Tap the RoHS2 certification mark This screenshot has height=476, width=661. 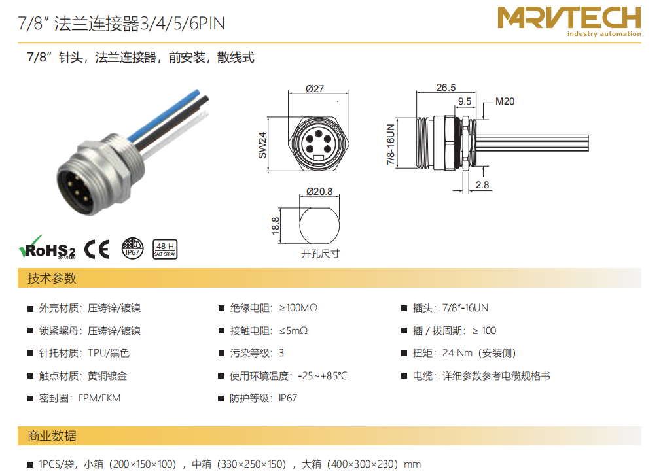click(47, 248)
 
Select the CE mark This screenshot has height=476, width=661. click(98, 249)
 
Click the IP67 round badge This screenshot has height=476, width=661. click(132, 248)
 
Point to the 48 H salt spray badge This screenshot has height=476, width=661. click(165, 249)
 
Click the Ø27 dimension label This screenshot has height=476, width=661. click(315, 88)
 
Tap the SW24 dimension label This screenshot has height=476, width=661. click(262, 145)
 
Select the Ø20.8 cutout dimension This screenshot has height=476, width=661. click(319, 192)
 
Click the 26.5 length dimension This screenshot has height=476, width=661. click(446, 88)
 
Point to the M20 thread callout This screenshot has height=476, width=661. click(505, 101)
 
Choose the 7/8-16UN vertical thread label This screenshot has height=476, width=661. click(391, 144)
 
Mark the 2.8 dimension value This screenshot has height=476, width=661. click(482, 185)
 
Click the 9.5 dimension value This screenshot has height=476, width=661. click(465, 101)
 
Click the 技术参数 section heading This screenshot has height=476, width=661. click(52, 278)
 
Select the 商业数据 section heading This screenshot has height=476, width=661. click(52, 435)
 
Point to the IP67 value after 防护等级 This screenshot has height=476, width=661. click(288, 398)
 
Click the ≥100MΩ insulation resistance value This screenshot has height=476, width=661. click(298, 308)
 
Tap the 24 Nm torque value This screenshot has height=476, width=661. click(457, 353)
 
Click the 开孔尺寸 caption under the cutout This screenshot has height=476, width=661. click(321, 254)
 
